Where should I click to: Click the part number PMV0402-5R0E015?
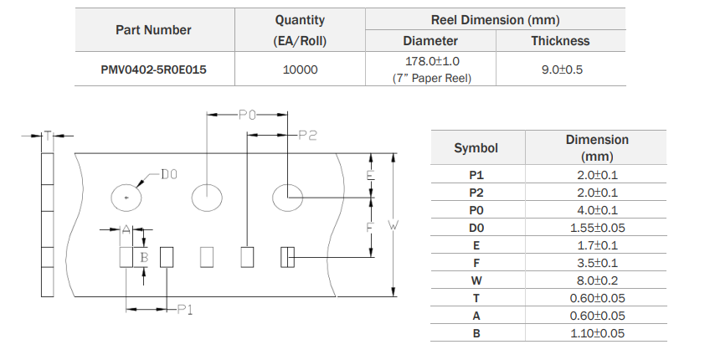(x=153, y=69)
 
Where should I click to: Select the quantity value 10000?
(x=301, y=69)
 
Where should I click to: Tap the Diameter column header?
(x=430, y=40)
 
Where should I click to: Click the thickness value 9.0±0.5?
(x=562, y=69)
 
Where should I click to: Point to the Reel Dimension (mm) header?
(x=495, y=19)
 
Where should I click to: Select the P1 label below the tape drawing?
(x=185, y=310)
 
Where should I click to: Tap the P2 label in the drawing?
(x=307, y=135)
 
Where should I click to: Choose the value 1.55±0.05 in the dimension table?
(x=597, y=228)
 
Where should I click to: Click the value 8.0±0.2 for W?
(x=597, y=280)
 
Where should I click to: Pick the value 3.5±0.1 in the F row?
(x=597, y=263)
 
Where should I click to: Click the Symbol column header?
(x=476, y=148)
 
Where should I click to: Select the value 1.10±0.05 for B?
(x=597, y=333)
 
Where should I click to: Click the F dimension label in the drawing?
(x=370, y=227)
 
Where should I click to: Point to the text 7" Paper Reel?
(x=431, y=78)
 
